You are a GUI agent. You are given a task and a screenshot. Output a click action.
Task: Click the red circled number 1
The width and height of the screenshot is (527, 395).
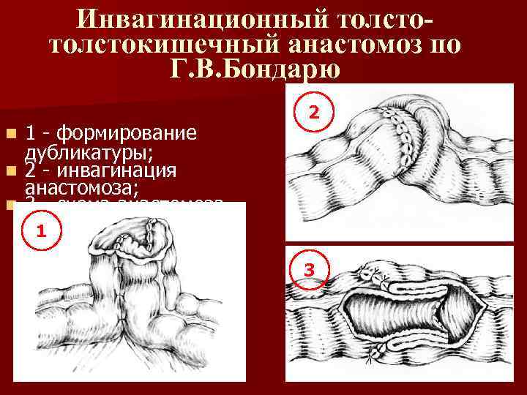pos(42,231)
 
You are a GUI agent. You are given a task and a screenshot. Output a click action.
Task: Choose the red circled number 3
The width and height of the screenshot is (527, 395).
pos(310,271)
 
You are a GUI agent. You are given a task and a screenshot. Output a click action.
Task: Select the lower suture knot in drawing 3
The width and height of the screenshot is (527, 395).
pos(377,353)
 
